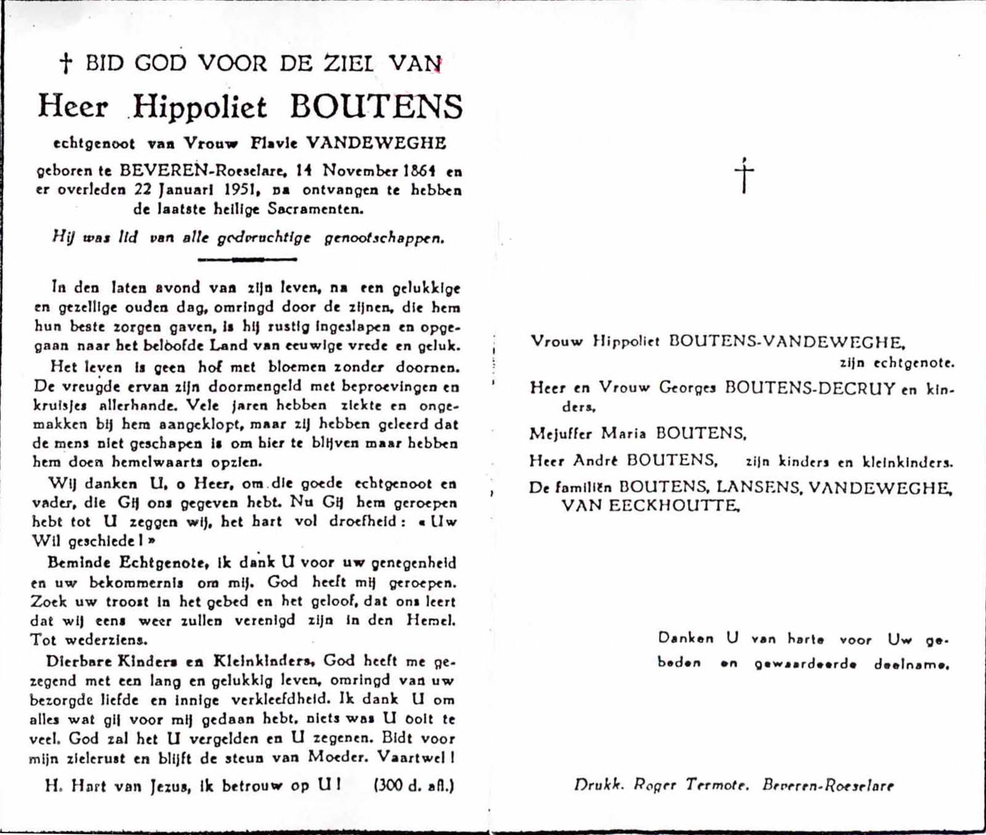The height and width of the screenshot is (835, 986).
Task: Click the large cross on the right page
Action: click(744, 176)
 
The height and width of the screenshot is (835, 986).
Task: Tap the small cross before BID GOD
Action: click(65, 63)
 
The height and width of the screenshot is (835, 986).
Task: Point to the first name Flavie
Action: click(274, 143)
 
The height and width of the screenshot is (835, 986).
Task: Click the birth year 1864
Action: click(419, 170)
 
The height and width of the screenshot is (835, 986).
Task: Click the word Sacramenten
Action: click(315, 209)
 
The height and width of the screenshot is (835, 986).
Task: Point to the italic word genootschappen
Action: click(384, 238)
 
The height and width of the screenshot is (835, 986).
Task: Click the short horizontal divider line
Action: click(247, 260)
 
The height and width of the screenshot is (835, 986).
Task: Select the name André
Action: click(596, 461)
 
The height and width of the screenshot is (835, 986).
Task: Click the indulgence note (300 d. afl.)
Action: click(414, 786)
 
